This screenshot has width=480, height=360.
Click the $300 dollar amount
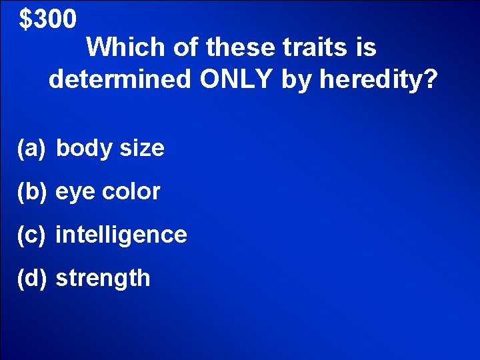48,20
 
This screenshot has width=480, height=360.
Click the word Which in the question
125,47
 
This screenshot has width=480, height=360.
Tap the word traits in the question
309,47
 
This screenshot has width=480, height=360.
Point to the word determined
120,80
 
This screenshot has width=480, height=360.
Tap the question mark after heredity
431,80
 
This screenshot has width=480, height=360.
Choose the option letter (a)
31,148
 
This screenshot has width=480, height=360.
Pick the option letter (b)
31,192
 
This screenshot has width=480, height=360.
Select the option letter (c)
31,235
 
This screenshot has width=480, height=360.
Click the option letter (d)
31,278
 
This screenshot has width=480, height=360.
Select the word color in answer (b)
131,192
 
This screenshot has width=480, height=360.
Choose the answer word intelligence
121,235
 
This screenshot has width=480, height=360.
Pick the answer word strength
103,279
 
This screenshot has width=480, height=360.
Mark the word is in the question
367,47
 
